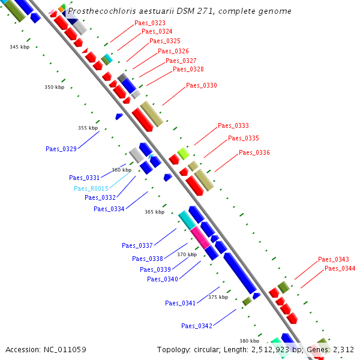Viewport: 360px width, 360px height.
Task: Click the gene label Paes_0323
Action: coord(150,23)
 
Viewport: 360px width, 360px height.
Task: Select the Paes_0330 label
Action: coord(202,85)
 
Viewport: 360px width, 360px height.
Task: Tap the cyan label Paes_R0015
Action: coord(91,188)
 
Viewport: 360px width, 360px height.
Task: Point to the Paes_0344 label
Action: coord(340,268)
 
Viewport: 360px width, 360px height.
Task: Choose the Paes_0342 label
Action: coord(197,326)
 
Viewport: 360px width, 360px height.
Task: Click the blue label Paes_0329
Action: coord(61,148)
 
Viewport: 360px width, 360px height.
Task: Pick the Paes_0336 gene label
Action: coord(254,152)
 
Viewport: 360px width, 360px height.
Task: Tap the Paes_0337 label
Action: coord(137,245)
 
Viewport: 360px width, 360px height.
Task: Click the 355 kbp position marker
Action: coord(88,128)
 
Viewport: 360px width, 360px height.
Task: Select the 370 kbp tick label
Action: coord(187,254)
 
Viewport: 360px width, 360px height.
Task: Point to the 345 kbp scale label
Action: coord(19,47)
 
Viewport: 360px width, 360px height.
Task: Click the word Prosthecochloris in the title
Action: coord(97,11)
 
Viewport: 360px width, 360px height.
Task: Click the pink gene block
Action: coord(200,238)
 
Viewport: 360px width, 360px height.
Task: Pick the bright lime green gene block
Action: coord(183,154)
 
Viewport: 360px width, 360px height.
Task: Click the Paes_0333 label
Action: coord(233,125)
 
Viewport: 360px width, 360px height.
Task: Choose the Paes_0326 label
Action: coord(173,51)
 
